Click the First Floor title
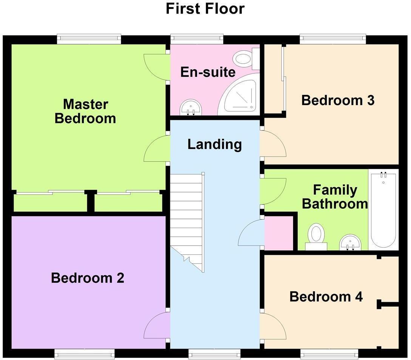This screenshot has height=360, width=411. pos(205,9)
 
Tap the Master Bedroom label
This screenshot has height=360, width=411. pos(85,111)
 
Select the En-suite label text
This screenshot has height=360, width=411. pos(208,72)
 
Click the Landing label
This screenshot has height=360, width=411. pos(215,144)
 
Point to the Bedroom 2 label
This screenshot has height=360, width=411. pos(88,278)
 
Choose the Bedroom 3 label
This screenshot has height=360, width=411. pos(338,100)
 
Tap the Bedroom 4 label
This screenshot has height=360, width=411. pos(326,297)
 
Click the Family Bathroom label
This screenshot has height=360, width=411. pos(335,197)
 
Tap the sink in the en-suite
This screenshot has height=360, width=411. pos(191,107)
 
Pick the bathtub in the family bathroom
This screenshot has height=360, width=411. pos(383,209)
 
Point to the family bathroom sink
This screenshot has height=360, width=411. pos(350,242)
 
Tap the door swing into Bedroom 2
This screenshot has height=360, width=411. pos(155,326)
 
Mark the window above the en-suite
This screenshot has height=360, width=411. pos(197,39)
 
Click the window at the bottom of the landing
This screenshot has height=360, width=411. pos(215,354)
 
